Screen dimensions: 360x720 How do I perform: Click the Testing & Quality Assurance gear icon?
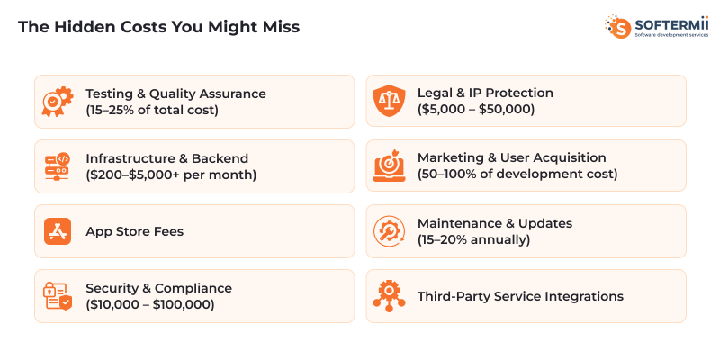[x=58, y=101]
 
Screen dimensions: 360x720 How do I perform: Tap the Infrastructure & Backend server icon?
[x=58, y=166]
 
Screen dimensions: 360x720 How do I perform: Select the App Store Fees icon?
[x=58, y=231]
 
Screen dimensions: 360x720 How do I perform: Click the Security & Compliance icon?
[x=58, y=296]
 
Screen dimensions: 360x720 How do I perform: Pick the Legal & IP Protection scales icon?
[x=389, y=101]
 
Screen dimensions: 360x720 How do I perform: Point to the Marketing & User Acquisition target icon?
[x=389, y=166]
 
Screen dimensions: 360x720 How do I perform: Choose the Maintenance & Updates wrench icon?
[x=389, y=231]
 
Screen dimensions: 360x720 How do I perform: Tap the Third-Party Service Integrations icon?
[x=389, y=296]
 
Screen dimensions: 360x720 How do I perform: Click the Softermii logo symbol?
[x=618, y=26]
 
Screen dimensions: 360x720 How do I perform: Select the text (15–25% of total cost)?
[x=152, y=110]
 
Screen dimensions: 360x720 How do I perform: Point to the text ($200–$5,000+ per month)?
[x=171, y=175]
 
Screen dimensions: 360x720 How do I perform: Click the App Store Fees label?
[x=134, y=231]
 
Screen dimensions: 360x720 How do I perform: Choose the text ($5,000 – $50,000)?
[x=476, y=110]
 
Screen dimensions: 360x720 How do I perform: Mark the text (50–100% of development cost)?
[x=517, y=175]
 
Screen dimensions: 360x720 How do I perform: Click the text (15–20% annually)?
[x=472, y=239]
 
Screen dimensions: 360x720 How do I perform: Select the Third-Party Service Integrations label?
[x=520, y=296]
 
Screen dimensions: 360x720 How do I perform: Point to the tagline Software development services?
[x=671, y=35]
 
